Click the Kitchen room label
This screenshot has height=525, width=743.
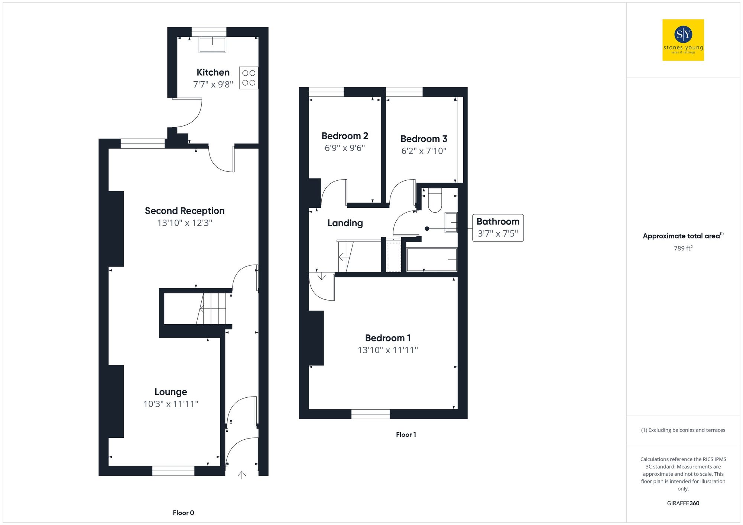(x=213, y=72)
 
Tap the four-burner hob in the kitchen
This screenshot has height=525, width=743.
(x=249, y=78)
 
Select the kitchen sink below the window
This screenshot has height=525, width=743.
(x=212, y=45)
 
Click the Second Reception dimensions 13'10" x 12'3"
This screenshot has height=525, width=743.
(x=185, y=223)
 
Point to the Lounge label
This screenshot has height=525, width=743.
(x=171, y=392)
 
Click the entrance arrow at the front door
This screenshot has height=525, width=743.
(x=242, y=475)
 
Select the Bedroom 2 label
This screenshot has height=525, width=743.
(x=345, y=136)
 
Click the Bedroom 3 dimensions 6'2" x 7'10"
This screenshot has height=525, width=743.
(x=424, y=151)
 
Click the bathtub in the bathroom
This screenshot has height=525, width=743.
(x=432, y=260)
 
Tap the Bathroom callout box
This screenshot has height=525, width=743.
(x=498, y=227)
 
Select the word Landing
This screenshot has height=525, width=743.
(x=345, y=223)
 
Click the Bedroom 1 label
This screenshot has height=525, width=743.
(x=387, y=338)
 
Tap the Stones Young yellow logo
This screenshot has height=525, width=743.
(x=683, y=40)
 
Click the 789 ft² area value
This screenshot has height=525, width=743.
(x=683, y=248)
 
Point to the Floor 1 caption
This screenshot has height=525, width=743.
(x=406, y=434)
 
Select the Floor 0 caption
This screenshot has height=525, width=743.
(x=183, y=513)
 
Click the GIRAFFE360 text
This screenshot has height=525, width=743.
(x=683, y=503)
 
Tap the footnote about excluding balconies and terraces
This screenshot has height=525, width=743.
(x=683, y=430)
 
